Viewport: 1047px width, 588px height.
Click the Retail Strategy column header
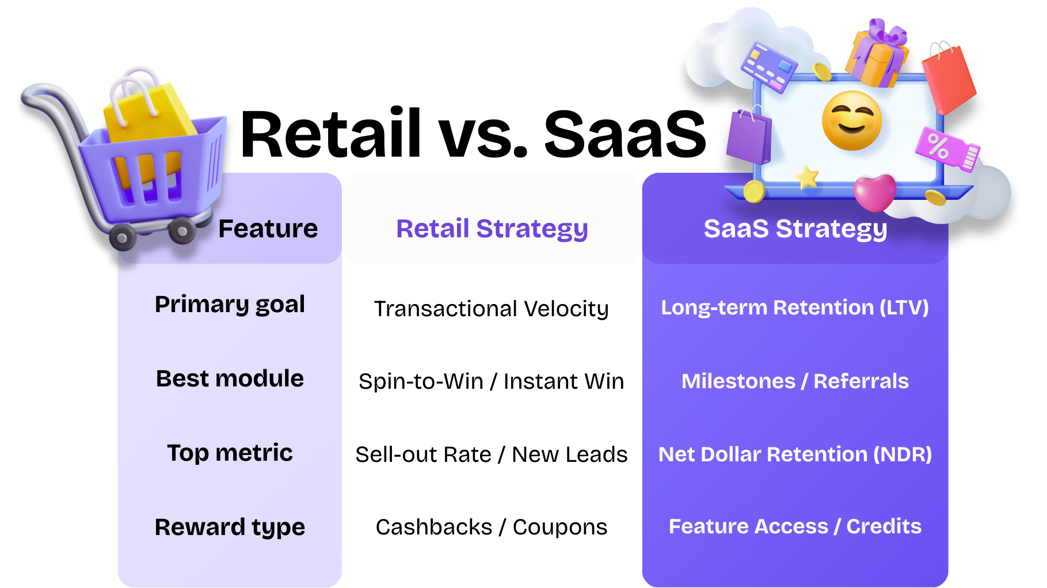(492, 229)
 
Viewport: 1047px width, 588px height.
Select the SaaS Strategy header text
(795, 229)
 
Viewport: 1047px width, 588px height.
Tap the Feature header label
(268, 229)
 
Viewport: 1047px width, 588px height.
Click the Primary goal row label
(230, 304)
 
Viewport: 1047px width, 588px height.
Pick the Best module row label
(230, 378)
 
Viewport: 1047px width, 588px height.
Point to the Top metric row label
(230, 453)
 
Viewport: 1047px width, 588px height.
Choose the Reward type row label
(230, 527)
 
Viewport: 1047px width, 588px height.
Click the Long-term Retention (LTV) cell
(794, 308)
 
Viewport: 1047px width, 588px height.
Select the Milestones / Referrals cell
(794, 381)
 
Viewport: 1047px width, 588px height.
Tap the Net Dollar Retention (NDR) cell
(794, 454)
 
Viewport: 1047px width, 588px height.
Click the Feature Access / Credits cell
(794, 526)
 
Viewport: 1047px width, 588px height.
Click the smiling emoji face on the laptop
(851, 120)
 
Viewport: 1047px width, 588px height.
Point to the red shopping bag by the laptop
(949, 78)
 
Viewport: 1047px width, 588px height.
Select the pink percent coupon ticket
(947, 149)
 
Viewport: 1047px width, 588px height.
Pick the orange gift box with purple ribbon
(877, 56)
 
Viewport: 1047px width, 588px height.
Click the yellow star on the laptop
(807, 177)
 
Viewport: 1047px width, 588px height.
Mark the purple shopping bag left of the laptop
(748, 136)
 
